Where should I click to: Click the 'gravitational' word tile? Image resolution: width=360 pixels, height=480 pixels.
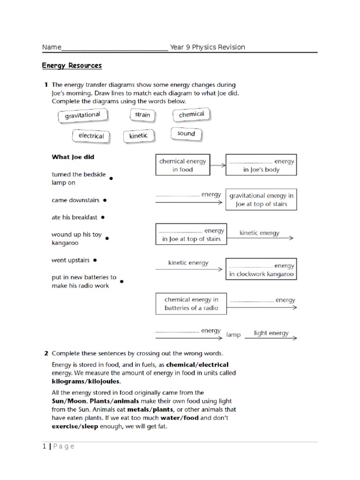82,115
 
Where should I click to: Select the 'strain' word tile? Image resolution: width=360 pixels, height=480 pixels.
142,115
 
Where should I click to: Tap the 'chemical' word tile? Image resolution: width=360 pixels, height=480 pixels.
191,114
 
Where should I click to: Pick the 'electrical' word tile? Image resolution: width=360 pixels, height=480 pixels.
91,136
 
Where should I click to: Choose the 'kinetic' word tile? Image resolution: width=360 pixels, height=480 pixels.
138,136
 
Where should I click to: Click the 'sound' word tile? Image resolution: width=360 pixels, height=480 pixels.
186,134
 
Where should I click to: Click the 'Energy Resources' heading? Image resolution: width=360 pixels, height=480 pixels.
72,66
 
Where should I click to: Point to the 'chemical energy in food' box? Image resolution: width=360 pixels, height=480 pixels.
182,165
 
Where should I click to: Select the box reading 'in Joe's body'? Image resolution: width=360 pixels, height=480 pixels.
261,165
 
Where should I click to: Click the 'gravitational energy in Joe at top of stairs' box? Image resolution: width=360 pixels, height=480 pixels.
261,200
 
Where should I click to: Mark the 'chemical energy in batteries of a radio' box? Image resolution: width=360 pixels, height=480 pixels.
191,304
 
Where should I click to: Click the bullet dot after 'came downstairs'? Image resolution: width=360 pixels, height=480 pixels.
105,200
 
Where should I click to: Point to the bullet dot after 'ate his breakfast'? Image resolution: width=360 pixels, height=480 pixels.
103,217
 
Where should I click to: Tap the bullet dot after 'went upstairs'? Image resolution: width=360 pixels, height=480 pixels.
95,260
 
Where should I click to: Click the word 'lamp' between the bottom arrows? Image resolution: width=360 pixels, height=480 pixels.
233,335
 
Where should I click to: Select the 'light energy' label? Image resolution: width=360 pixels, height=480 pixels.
271,333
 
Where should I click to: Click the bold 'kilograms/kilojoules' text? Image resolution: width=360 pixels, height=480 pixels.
82,382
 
